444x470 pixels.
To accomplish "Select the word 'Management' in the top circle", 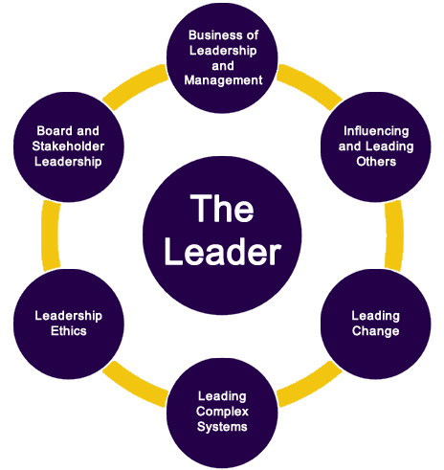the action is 223,80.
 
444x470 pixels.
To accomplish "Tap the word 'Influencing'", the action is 376,131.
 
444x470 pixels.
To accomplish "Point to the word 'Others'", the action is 376,162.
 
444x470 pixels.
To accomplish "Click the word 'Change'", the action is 375,331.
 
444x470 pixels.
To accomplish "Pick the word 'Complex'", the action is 222,412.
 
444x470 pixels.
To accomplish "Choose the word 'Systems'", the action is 222,427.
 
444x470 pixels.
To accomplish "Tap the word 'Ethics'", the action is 69,331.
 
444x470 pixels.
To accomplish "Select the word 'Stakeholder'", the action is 68,146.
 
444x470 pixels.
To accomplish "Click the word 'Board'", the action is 55,131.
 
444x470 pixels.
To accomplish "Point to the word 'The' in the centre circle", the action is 222,208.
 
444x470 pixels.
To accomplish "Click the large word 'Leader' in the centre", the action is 223,252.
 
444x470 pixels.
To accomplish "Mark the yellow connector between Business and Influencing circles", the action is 310,85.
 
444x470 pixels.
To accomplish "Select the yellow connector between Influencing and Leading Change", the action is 394,235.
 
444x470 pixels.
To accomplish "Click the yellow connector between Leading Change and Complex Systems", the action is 310,386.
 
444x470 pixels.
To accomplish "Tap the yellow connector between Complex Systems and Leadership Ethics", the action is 135,386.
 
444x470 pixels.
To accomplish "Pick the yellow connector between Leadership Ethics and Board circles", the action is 51,235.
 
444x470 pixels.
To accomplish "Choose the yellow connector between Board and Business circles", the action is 135,85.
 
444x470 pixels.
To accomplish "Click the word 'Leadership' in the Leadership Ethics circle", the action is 69,316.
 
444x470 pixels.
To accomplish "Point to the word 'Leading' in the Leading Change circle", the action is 375,316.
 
